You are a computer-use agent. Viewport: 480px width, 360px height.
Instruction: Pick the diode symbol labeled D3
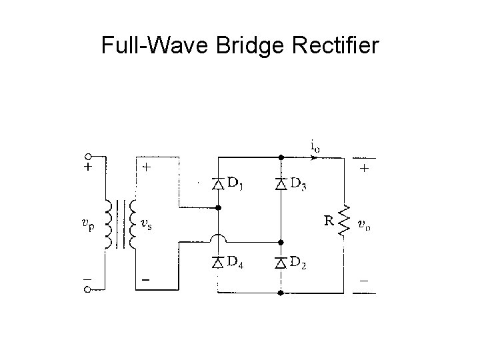pyautogui.click(x=281, y=184)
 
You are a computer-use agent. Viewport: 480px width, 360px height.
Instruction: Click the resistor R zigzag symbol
pyautogui.click(x=344, y=221)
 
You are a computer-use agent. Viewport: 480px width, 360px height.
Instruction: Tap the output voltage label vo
pyautogui.click(x=364, y=225)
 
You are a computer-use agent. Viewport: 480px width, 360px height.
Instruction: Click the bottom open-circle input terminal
pyautogui.click(x=88, y=290)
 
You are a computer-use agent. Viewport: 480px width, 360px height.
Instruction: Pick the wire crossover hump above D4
pyautogui.click(x=218, y=239)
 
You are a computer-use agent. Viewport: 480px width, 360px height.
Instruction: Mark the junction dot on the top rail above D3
pyautogui.click(x=281, y=157)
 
